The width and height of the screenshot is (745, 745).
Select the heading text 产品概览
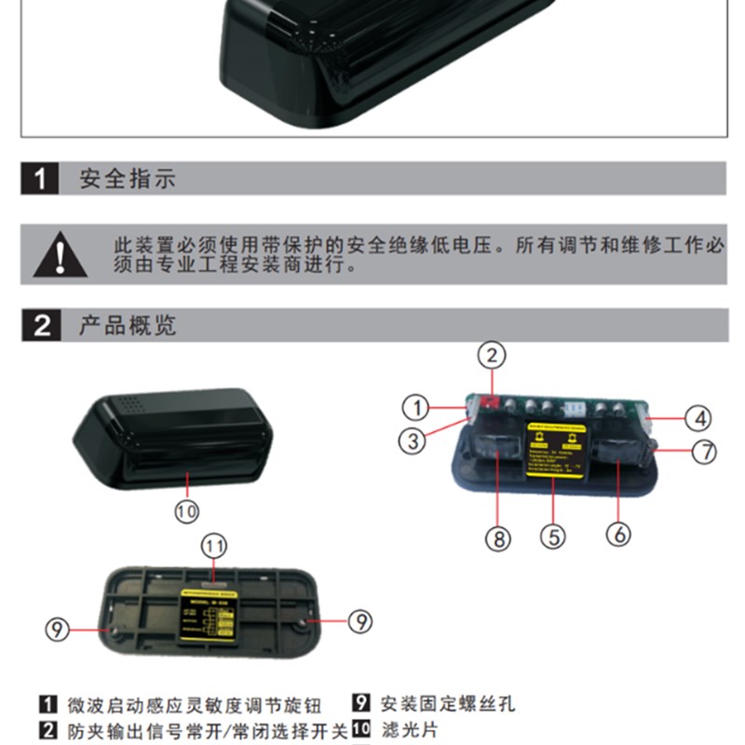(128, 326)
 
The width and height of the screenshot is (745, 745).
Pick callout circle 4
(698, 418)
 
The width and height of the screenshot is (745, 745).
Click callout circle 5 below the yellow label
(553, 536)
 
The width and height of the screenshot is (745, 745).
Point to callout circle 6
(619, 534)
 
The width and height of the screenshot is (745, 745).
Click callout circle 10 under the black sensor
(187, 509)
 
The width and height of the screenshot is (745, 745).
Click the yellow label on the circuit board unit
(554, 450)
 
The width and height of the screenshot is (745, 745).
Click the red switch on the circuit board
(490, 401)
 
